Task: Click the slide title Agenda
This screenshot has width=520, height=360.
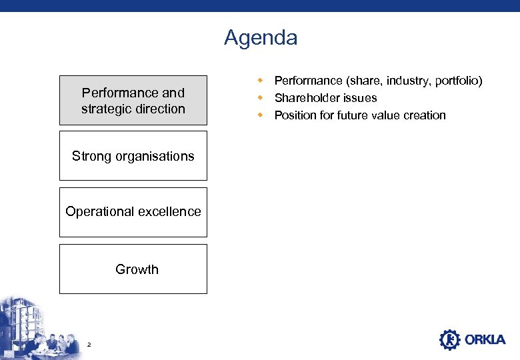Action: pyautogui.click(x=261, y=37)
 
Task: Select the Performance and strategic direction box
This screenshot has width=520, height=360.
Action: pyautogui.click(x=133, y=100)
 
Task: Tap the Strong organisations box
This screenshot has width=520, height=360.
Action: pyautogui.click(x=133, y=156)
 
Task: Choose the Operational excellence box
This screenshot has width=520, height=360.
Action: pyautogui.click(x=133, y=212)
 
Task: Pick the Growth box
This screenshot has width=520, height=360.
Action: pyautogui.click(x=133, y=269)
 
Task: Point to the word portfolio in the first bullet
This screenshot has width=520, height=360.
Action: pyautogui.click(x=455, y=81)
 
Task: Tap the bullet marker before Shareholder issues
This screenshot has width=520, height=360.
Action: pyautogui.click(x=262, y=98)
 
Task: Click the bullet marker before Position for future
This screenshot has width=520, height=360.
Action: pyautogui.click(x=262, y=115)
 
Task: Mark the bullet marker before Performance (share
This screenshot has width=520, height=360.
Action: pyautogui.click(x=262, y=81)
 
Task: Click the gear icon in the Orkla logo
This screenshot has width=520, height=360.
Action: pyautogui.click(x=450, y=339)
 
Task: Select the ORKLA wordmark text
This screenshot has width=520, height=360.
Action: pyautogui.click(x=485, y=340)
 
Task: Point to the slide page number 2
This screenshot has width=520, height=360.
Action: pyautogui.click(x=89, y=344)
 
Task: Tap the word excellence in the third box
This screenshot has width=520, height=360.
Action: pyautogui.click(x=169, y=211)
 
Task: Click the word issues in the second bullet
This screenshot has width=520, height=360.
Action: pyautogui.click(x=361, y=98)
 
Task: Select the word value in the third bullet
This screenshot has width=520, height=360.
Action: pyautogui.click(x=386, y=115)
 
